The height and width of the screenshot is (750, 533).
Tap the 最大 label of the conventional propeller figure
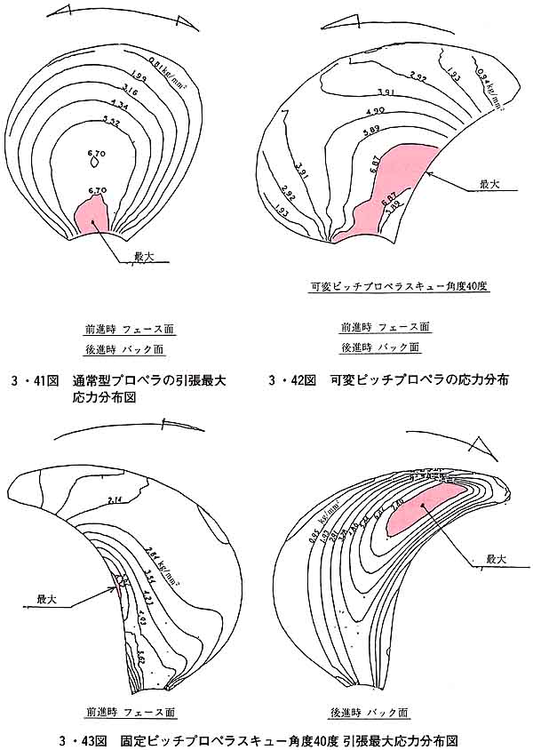[144, 256]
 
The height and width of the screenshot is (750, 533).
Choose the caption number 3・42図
[293, 381]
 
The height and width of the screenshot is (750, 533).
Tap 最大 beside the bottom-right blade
[496, 560]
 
